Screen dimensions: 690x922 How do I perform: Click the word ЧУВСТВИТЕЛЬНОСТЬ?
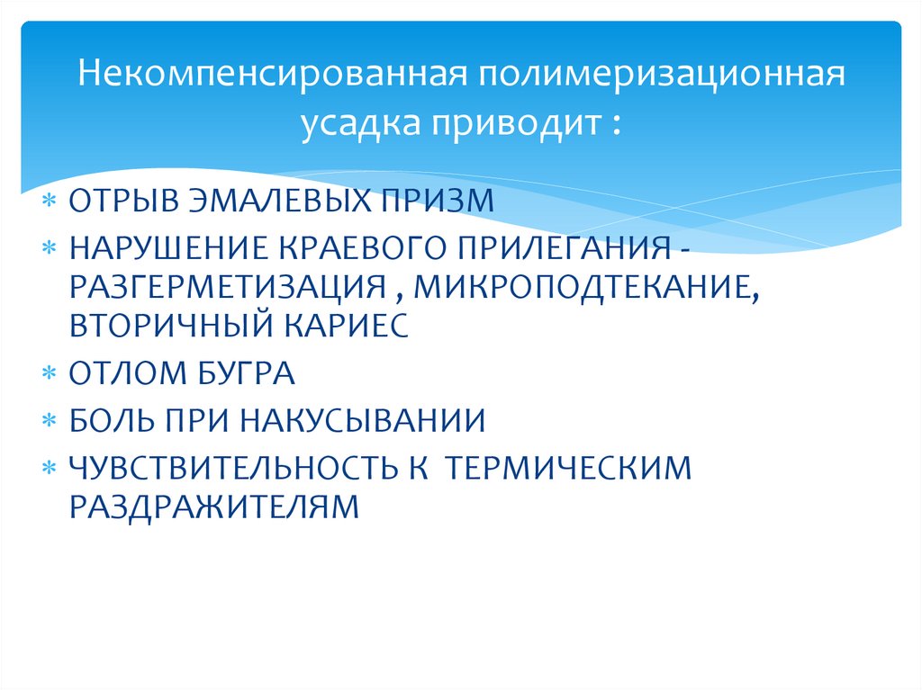tap(234, 467)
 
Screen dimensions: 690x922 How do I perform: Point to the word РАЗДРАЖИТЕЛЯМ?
tap(213, 506)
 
